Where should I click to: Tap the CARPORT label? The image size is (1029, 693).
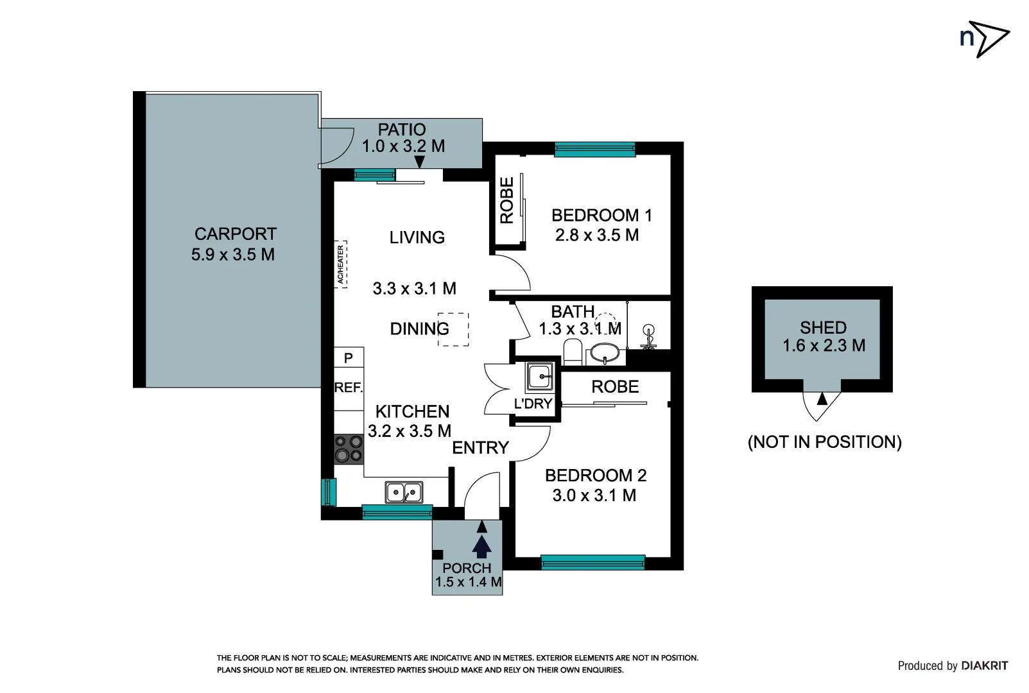point(235,234)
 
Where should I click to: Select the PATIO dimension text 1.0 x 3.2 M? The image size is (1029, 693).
point(403,146)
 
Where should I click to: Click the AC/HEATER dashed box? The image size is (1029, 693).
point(341,264)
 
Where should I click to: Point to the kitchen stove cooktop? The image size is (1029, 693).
point(349,449)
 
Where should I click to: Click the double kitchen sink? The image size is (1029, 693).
point(404,492)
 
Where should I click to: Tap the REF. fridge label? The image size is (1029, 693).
point(349,388)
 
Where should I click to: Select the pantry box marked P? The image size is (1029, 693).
point(349,357)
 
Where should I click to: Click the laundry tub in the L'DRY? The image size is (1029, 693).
point(539,377)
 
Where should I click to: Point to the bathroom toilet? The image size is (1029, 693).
point(573,352)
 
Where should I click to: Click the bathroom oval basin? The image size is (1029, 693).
point(604,352)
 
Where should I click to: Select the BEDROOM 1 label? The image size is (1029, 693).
point(601,216)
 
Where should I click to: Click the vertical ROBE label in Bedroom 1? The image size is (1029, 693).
point(507,200)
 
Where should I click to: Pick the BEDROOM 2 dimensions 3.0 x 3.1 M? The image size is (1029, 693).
point(594,495)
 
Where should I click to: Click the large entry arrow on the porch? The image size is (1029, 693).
point(481,546)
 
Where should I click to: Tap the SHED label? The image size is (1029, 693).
point(823,327)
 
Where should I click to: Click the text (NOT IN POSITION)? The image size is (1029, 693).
point(824,442)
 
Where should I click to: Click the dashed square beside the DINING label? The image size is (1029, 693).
point(453,329)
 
